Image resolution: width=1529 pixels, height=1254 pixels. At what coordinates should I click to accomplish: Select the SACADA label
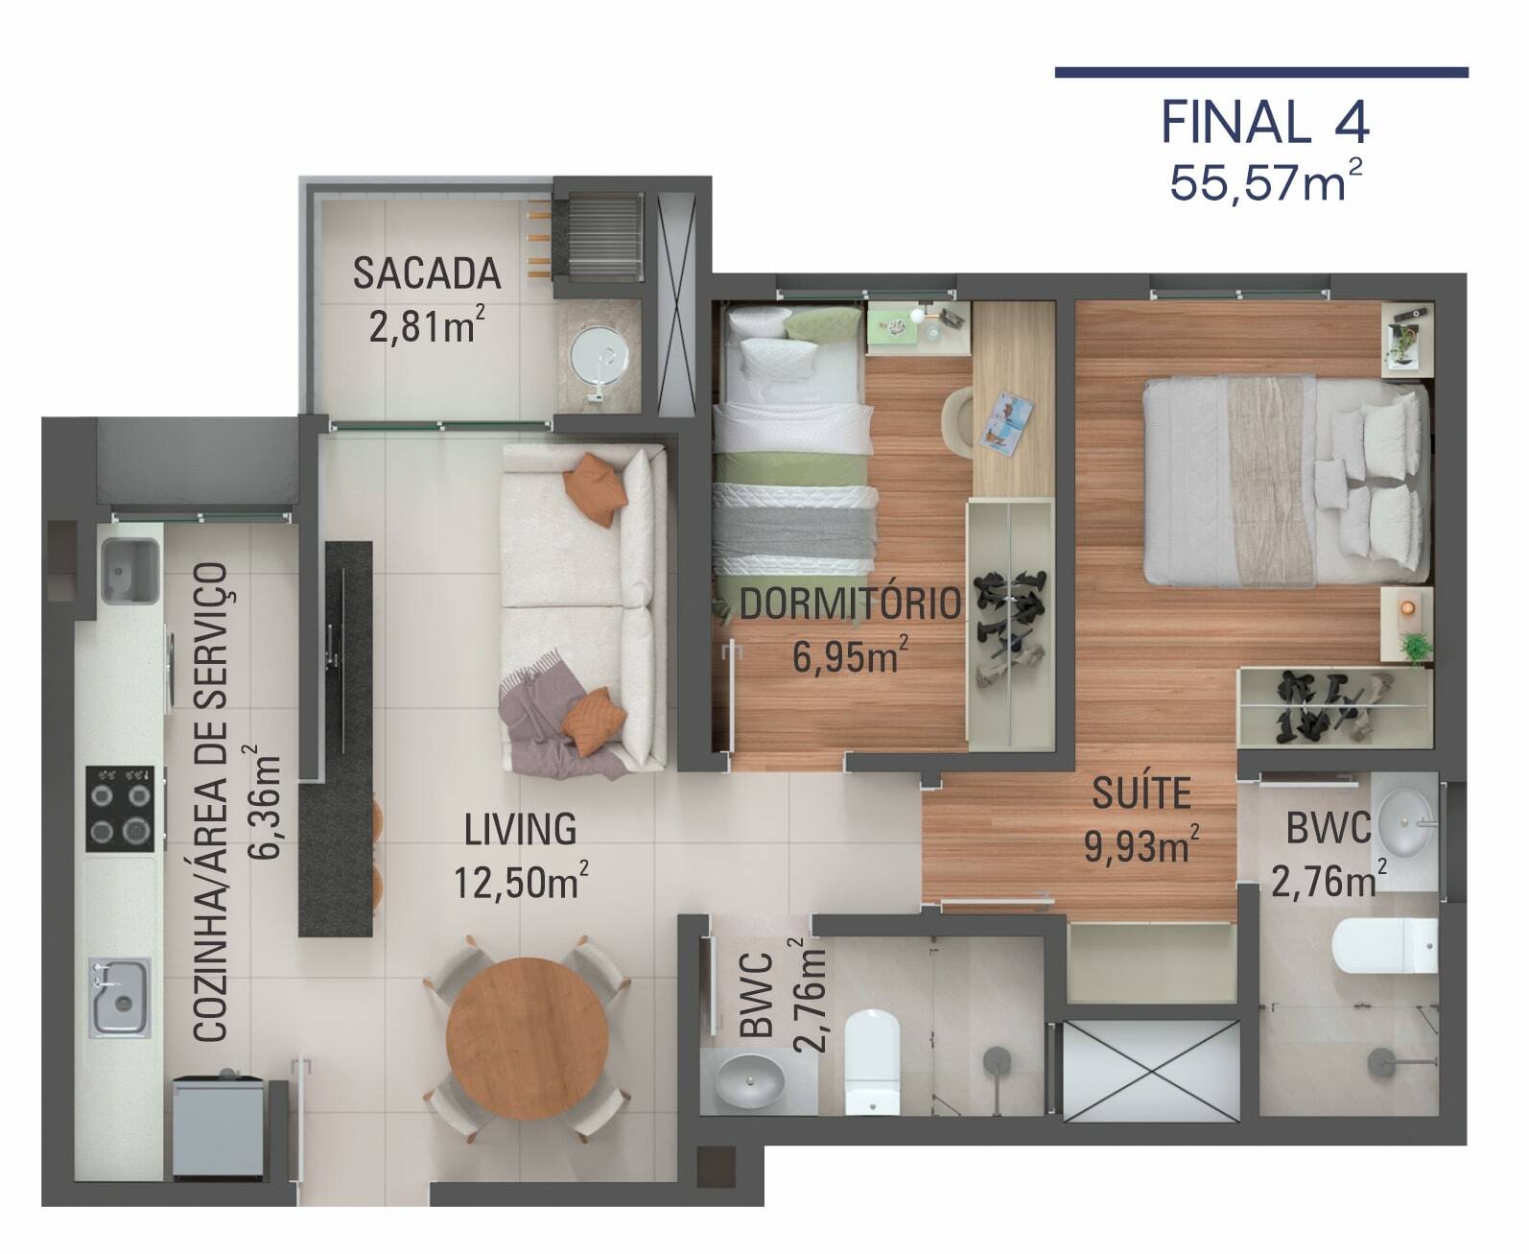tap(427, 273)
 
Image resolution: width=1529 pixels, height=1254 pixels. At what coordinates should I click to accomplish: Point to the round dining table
tap(527, 1032)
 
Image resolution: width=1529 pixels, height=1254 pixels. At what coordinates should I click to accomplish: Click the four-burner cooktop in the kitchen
tap(120, 808)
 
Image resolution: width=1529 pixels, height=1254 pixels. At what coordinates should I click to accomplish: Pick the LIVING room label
tap(520, 829)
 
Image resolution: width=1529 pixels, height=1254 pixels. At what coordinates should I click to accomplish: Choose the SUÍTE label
tap(1141, 794)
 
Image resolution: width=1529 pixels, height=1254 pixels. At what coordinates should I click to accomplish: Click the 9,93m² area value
tap(1141, 846)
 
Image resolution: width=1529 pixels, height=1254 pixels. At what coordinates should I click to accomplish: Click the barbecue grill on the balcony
tap(603, 237)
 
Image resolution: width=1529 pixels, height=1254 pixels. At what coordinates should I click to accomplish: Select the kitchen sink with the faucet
tap(119, 997)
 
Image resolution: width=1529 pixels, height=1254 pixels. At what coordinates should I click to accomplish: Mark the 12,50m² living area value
tap(520, 881)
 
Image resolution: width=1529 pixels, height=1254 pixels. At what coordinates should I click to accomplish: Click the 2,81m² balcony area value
tap(427, 326)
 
